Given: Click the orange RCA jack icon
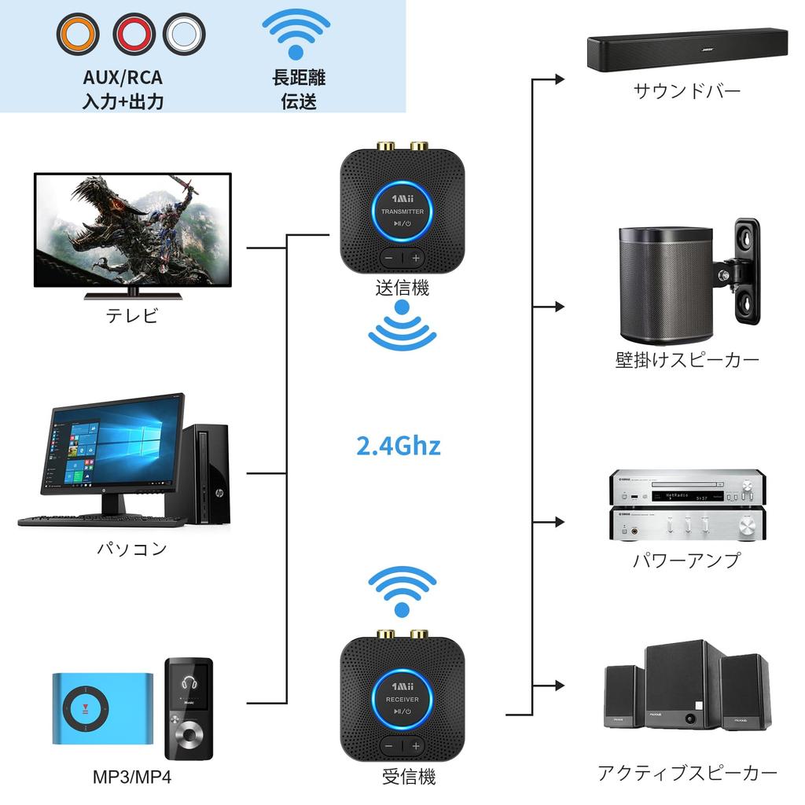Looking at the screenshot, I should [78, 34].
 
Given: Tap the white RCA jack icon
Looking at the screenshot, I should [185, 34].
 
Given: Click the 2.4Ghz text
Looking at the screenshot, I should [399, 447].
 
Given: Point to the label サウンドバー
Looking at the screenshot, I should [687, 91].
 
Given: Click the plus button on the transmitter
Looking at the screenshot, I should [416, 258].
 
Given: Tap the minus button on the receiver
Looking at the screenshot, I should [388, 745].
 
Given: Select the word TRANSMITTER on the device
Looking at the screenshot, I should [402, 212].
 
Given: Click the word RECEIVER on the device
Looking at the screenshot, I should [402, 700].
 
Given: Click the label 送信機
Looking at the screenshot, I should [402, 289].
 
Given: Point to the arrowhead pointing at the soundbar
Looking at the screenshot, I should [560, 79].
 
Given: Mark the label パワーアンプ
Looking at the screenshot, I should [687, 561].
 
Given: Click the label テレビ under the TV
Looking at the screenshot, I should [132, 316].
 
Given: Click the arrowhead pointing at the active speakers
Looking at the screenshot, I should [560, 686].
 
